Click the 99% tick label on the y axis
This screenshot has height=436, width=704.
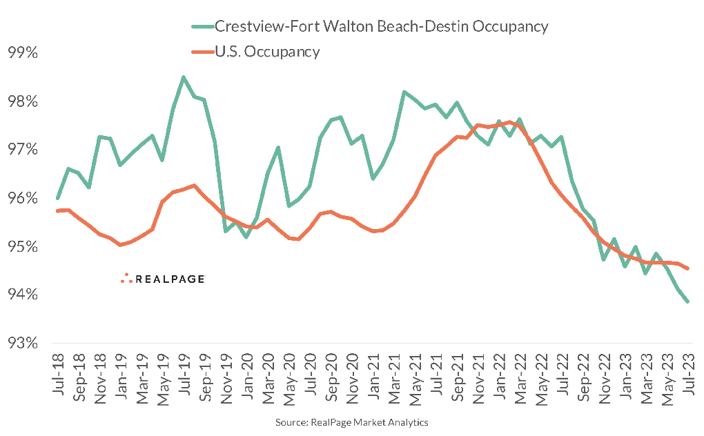tap(22, 53)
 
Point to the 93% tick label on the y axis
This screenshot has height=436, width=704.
tap(22, 343)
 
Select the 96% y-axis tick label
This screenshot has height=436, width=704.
tap(22, 198)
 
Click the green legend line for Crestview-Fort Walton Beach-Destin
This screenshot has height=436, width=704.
tap(202, 27)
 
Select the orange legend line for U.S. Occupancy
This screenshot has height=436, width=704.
tap(202, 51)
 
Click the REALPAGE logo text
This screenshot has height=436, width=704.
tap(170, 279)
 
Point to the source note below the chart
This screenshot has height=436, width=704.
tap(352, 421)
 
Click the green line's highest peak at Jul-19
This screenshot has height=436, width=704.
tap(184, 77)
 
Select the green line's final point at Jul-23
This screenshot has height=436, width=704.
tap(688, 301)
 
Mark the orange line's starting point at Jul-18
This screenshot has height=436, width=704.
tap(57, 210)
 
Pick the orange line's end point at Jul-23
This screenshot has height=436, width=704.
tap(688, 268)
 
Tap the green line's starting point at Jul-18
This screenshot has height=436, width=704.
tap(57, 198)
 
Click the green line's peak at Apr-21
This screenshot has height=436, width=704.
tap(404, 92)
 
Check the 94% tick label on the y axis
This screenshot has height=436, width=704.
tap(22, 295)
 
